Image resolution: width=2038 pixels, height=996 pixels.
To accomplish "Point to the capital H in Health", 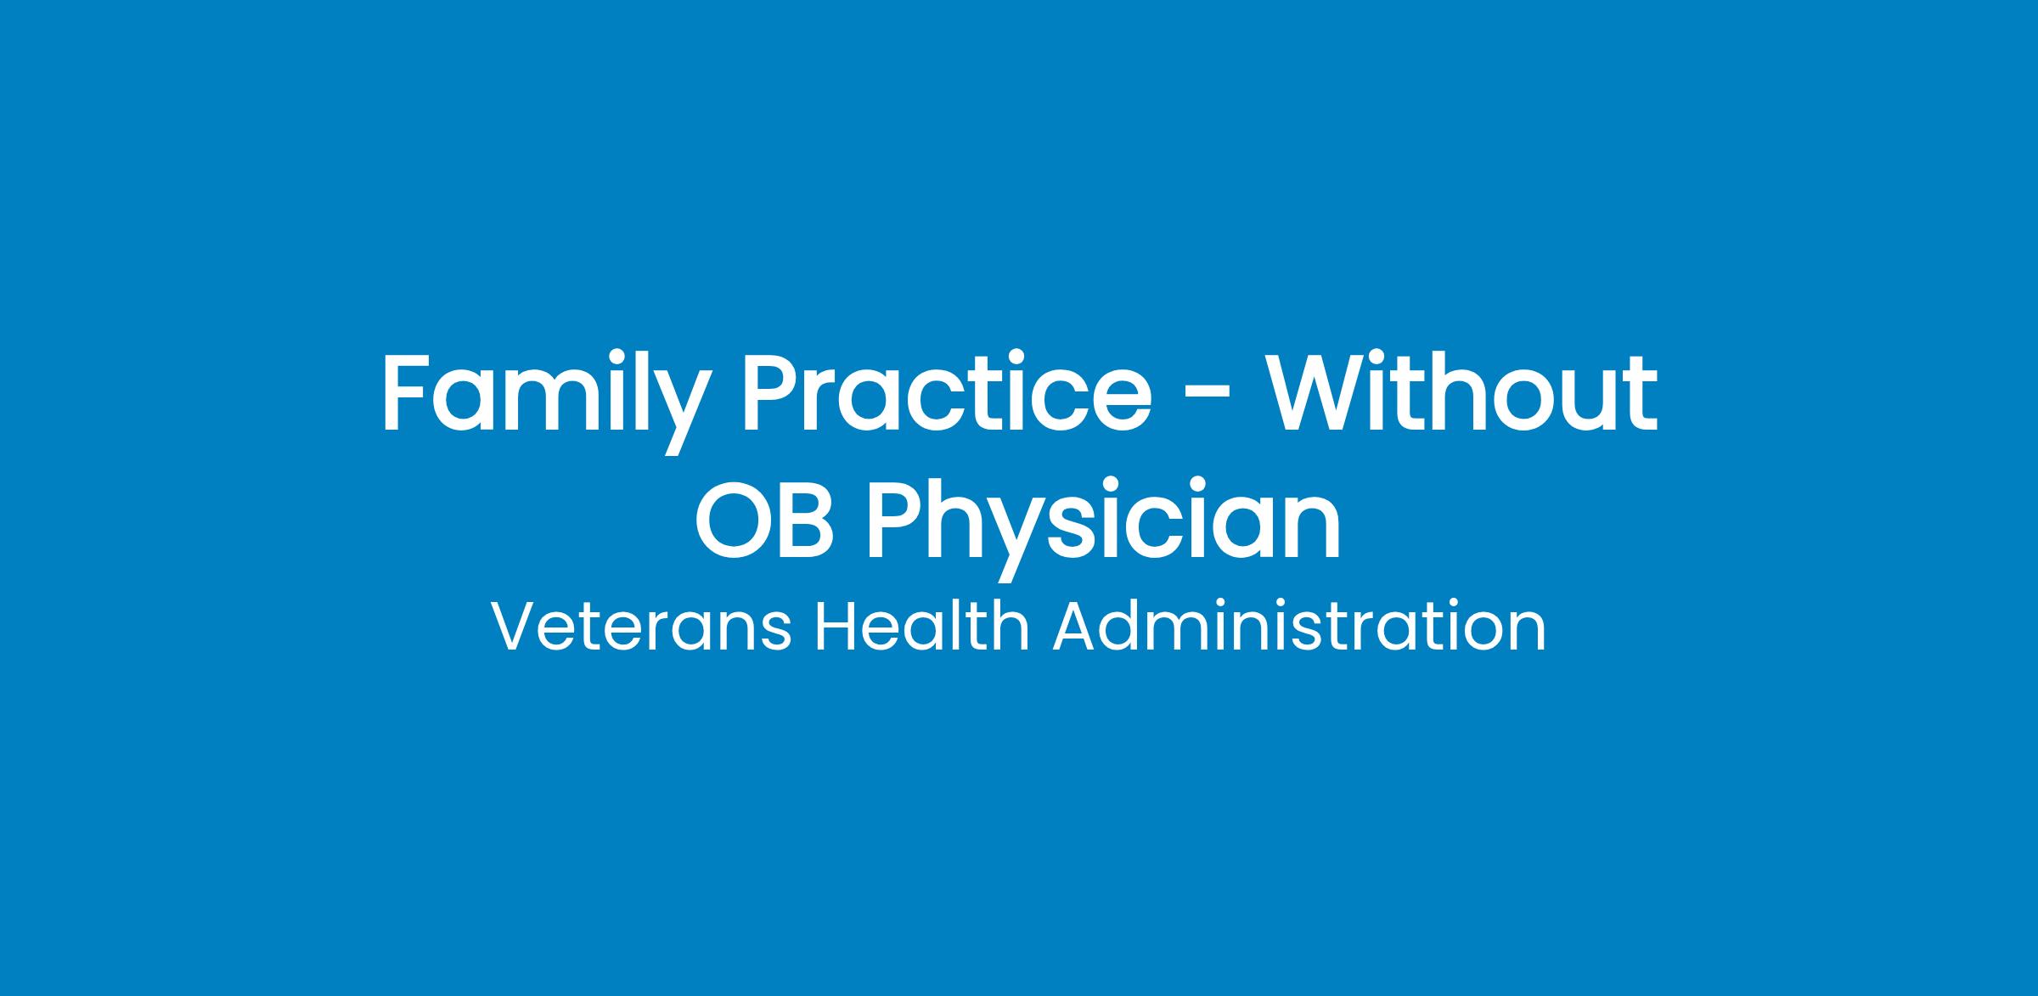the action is pos(836,627).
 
